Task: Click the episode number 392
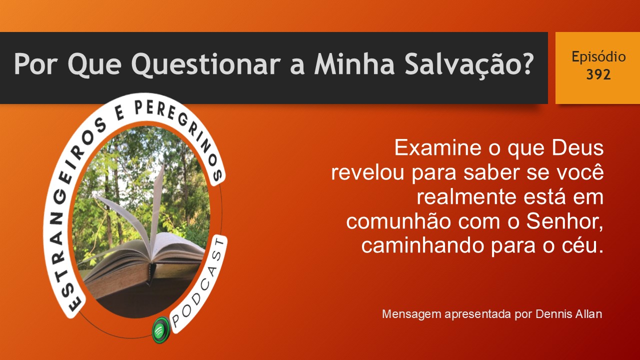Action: pos(598,74)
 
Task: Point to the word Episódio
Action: pos(598,57)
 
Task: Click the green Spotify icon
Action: pos(160,330)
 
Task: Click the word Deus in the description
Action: pos(577,147)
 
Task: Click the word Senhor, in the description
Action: pos(565,221)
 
